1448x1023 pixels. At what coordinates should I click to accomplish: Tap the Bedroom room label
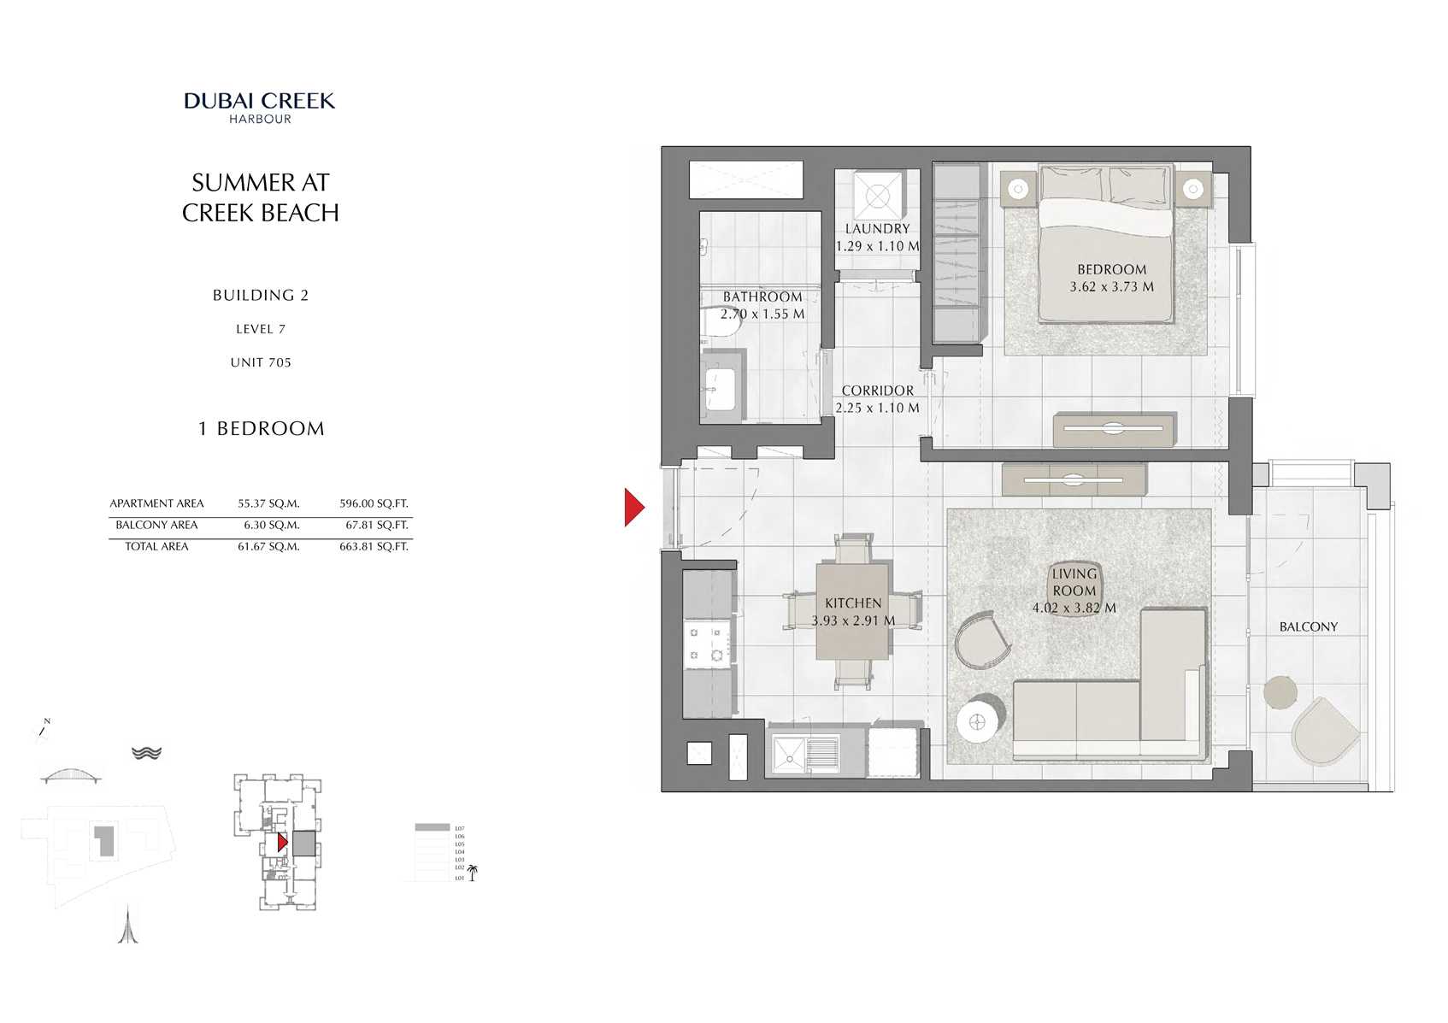point(1111,269)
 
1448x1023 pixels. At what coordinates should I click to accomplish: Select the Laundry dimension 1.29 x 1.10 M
point(877,246)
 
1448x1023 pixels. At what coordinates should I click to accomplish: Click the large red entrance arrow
point(633,507)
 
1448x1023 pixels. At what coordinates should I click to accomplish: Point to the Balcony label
point(1308,626)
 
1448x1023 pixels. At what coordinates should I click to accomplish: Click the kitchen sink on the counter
point(789,754)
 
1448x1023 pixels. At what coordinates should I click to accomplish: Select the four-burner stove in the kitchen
point(707,644)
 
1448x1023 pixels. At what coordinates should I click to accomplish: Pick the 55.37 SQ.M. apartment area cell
point(268,503)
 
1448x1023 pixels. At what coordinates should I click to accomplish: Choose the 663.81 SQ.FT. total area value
point(374,546)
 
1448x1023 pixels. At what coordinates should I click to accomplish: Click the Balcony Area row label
point(156,525)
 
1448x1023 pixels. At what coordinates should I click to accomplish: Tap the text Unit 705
point(261,362)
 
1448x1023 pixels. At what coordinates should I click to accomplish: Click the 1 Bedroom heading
point(261,428)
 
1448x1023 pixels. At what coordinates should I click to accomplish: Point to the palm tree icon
point(472,873)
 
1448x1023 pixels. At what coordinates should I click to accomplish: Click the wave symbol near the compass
point(147,753)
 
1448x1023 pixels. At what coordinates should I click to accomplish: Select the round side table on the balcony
point(1280,692)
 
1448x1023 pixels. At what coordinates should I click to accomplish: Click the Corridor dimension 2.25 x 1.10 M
point(877,409)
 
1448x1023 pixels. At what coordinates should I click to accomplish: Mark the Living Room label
point(1074,582)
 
